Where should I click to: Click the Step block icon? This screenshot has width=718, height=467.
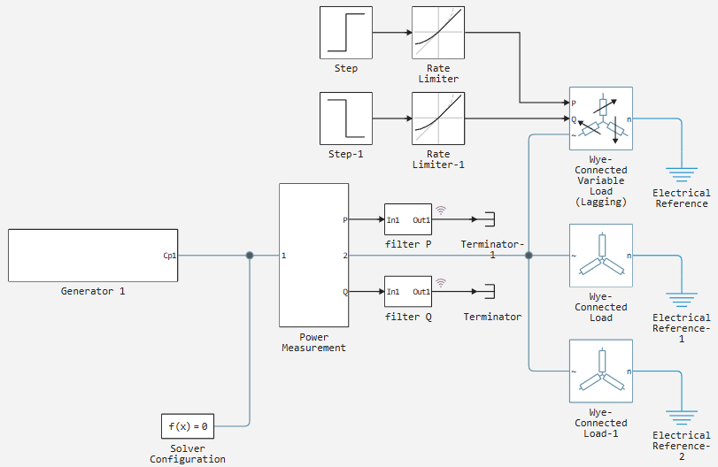pyautogui.click(x=346, y=33)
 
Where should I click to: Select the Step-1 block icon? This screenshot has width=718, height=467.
pyautogui.click(x=346, y=119)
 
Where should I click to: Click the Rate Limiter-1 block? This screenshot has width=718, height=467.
pyautogui.click(x=438, y=119)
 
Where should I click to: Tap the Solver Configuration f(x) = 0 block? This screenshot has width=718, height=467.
pyautogui.click(x=188, y=426)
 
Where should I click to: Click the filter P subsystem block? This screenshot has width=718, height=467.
pyautogui.click(x=408, y=219)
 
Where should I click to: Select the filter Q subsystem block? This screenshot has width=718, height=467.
pyautogui.click(x=408, y=291)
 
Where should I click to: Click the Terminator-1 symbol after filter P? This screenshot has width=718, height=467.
pyautogui.click(x=490, y=219)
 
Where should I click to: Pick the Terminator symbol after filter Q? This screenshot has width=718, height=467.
pyautogui.click(x=490, y=291)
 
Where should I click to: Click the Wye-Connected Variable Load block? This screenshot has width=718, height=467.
pyautogui.click(x=601, y=119)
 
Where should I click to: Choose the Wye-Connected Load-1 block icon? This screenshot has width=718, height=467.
pyautogui.click(x=601, y=371)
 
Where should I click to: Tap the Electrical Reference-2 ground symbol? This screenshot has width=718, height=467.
pyautogui.click(x=682, y=417)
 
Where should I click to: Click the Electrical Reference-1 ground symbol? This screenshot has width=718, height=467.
pyautogui.click(x=682, y=300)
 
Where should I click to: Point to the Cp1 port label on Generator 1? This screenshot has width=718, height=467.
pyautogui.click(x=169, y=256)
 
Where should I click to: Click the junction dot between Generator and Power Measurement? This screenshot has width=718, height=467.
pyautogui.click(x=250, y=256)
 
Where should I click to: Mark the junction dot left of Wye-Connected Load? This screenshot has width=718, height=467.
pyautogui.click(x=529, y=256)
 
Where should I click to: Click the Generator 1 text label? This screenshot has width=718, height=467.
pyautogui.click(x=93, y=291)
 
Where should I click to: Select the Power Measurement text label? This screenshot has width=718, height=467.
pyautogui.click(x=313, y=342)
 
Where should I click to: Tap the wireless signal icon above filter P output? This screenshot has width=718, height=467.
pyautogui.click(x=441, y=211)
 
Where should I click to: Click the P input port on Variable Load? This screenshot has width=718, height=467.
pyautogui.click(x=574, y=103)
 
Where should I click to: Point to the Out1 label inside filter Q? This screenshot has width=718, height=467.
pyautogui.click(x=421, y=292)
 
